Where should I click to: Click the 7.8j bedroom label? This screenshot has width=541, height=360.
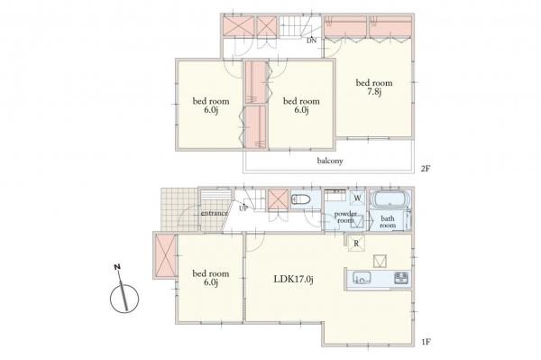374,88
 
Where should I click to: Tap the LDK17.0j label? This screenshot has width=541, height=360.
294,279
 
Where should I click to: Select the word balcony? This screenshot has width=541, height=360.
330,161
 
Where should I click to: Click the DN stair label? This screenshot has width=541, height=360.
312,41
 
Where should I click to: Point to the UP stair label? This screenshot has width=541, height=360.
243,208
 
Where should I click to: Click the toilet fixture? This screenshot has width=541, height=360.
301,199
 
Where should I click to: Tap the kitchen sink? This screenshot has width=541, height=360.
362,278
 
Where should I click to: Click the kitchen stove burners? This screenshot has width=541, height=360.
401,278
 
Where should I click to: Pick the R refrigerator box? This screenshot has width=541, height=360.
356,244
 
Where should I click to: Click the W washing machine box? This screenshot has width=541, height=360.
357,198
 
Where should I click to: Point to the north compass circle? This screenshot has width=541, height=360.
124,299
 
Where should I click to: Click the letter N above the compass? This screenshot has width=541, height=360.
117,266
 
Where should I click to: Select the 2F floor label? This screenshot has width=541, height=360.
426,169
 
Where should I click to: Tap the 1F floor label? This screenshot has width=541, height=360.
426,342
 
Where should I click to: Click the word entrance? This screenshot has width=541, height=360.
215,213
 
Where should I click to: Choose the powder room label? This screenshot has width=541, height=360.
345,217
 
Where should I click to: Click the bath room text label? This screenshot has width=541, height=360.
388,222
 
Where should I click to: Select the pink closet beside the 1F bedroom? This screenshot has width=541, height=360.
166,255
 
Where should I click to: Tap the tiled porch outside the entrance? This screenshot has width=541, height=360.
179,209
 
